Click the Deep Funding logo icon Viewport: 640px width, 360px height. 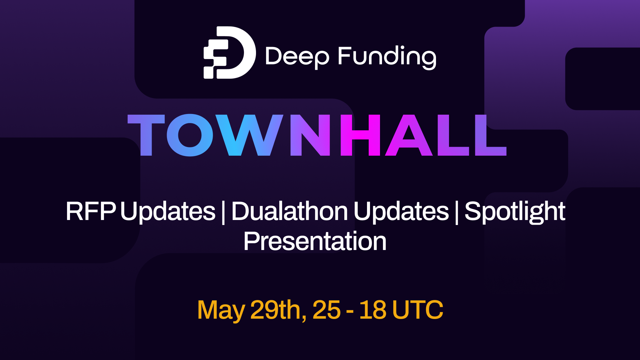pos(230,53)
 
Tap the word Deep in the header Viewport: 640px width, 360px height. pos(297,56)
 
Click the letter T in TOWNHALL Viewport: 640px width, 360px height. pos(146,135)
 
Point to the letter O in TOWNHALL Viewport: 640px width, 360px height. pos(190,135)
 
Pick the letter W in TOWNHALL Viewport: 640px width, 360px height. pos(249,135)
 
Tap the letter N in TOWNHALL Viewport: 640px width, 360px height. pos(310,135)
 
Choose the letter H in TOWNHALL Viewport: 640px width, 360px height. pos(360,135)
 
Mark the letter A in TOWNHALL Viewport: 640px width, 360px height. pos(409,135)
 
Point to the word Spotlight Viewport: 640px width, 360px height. pos(515,212)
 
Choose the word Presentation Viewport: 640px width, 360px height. pos(315,241)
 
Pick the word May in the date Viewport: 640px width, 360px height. pos(221,310)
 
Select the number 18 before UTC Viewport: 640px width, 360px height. pos(373,310)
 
